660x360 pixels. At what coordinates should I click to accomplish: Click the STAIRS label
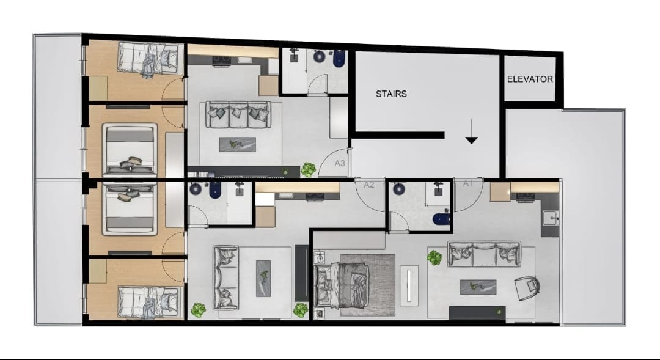[391, 94]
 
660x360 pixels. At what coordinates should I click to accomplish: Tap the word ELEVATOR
[530, 79]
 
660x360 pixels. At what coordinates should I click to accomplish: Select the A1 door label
[469, 183]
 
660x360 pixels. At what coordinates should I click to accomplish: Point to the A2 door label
[369, 185]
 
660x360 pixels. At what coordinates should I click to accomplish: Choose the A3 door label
[340, 163]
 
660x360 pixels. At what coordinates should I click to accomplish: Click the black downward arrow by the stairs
[471, 131]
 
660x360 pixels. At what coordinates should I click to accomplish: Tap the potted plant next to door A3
[308, 170]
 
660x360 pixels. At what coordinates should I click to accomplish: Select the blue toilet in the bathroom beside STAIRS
[339, 59]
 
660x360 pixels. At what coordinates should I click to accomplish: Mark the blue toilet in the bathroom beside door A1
[442, 219]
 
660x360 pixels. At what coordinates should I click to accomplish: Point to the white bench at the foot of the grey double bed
[409, 285]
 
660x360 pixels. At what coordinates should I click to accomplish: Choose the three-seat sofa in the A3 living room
[238, 114]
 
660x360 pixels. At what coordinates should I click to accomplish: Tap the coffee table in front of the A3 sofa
[237, 144]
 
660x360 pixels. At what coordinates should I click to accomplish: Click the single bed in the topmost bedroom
[148, 59]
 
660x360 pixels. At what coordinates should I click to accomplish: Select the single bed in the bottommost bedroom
[148, 302]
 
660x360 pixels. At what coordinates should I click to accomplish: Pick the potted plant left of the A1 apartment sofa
[435, 258]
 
